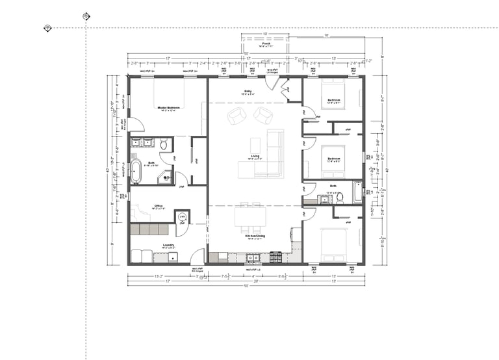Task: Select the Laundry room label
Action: (x=168, y=245)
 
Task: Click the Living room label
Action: (x=255, y=157)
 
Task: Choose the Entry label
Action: (x=248, y=92)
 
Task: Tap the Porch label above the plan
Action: (x=266, y=45)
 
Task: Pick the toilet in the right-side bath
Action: (x=339, y=197)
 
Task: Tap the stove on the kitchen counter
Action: (x=275, y=257)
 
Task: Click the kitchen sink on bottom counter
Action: (x=249, y=258)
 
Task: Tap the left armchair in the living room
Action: (x=236, y=117)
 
